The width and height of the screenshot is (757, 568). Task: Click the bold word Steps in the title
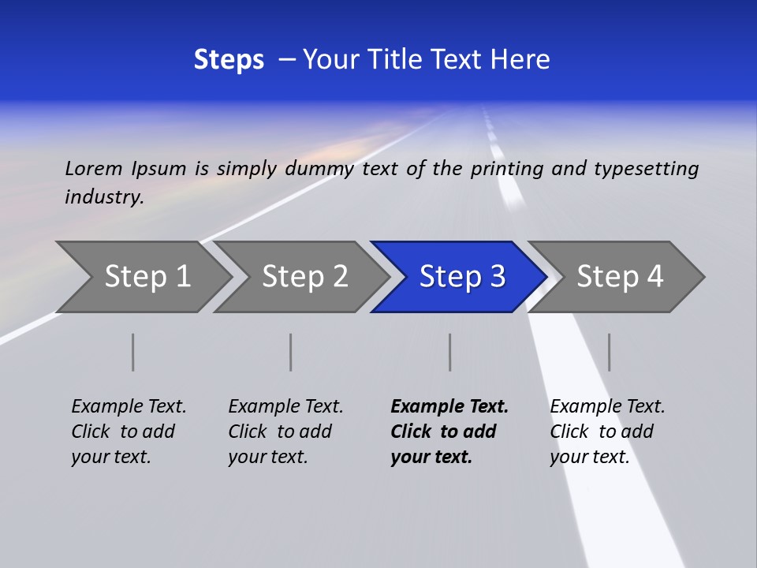tap(229, 60)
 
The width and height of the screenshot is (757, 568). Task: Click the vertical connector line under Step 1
tap(133, 352)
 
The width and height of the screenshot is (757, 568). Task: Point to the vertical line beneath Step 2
tap(291, 352)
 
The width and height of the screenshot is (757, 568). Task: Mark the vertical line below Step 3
tap(450, 352)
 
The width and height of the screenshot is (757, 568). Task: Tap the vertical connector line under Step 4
tap(609, 352)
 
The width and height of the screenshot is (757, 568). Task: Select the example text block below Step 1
tap(129, 432)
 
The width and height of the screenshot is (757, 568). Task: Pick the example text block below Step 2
tap(285, 432)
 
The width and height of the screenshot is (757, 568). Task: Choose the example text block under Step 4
tap(607, 432)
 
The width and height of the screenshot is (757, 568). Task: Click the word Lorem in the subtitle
tap(94, 169)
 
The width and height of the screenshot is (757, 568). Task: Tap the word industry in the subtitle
tap(104, 196)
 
